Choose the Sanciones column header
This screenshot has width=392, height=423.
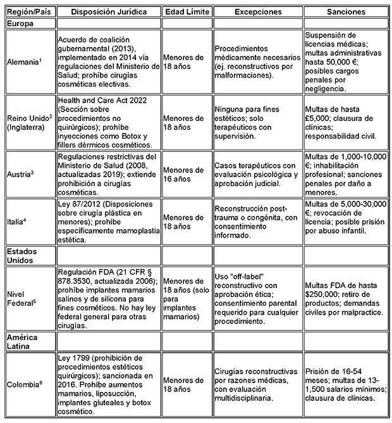[x=345, y=12]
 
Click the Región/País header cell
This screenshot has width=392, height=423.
[x=28, y=12]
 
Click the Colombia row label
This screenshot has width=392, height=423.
[x=23, y=382]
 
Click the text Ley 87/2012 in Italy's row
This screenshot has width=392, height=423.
[x=77, y=206]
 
